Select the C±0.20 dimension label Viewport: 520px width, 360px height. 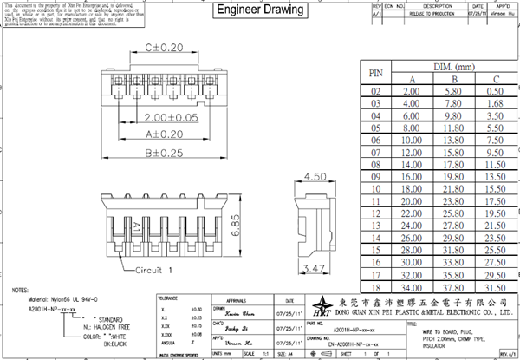pyautogui.click(x=164, y=48)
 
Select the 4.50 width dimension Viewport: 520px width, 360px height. pyautogui.click(x=314, y=177)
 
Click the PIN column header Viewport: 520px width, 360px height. pyautogui.click(x=375, y=73)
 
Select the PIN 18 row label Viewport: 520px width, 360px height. pyautogui.click(x=375, y=286)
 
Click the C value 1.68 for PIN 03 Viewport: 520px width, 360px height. pyautogui.click(x=494, y=103)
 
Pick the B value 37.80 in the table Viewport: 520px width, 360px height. pyautogui.click(x=452, y=286)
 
